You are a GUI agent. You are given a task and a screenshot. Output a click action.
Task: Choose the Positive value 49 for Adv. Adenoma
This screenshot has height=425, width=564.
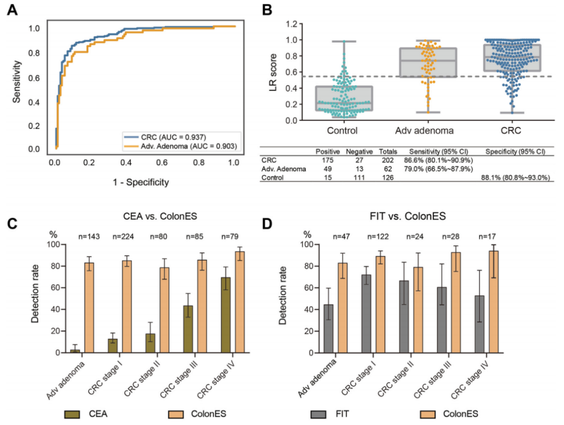point(328,169)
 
